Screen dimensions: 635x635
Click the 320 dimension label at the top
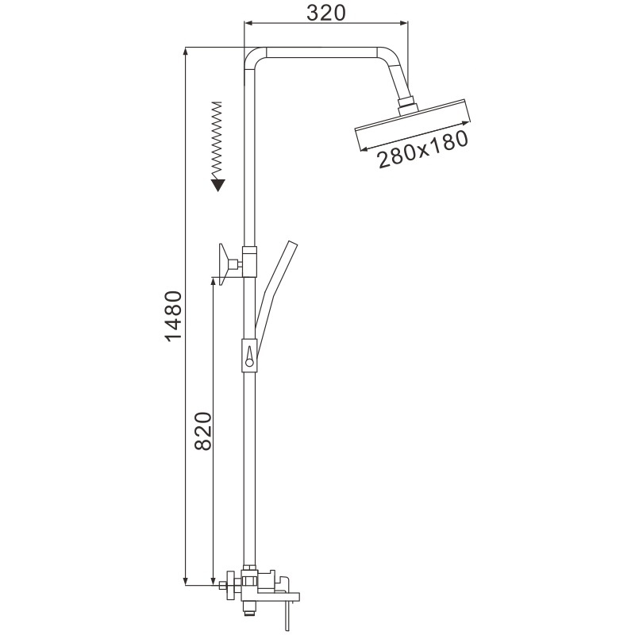pyautogui.click(x=326, y=13)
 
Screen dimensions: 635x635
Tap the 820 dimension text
pyautogui.click(x=203, y=431)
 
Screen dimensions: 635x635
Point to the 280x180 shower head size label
pyautogui.click(x=423, y=149)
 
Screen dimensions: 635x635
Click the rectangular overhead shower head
pyautogui.click(x=413, y=125)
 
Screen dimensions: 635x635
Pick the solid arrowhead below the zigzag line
pyautogui.click(x=217, y=185)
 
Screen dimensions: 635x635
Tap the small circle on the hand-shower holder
pyautogui.click(x=249, y=363)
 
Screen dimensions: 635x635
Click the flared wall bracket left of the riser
pyautogui.click(x=225, y=264)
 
